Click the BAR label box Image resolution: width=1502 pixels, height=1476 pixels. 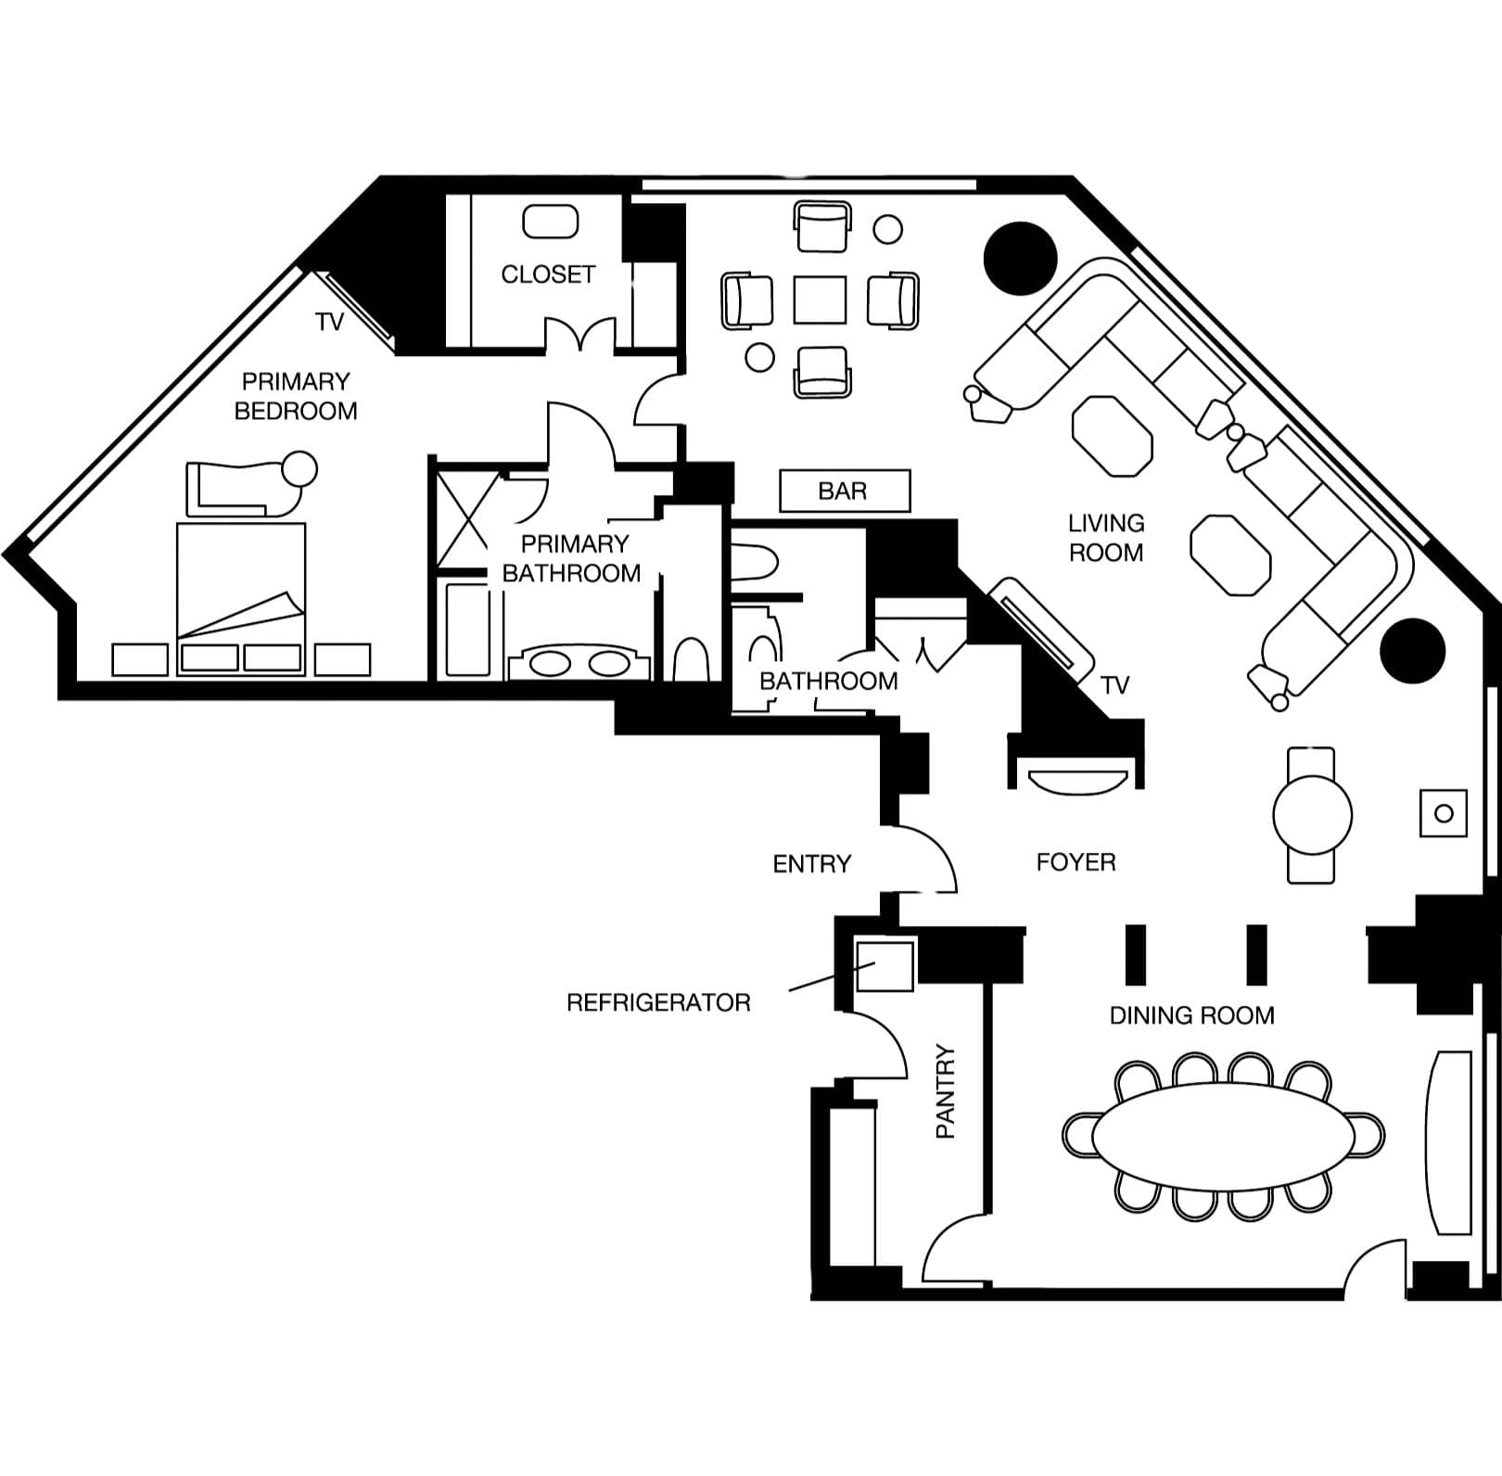(x=845, y=490)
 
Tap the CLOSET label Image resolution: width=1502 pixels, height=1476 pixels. (x=548, y=274)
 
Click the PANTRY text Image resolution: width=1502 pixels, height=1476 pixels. (x=945, y=1091)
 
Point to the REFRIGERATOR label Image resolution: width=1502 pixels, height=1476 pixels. (x=658, y=1002)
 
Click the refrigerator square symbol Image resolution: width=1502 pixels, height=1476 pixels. (x=884, y=965)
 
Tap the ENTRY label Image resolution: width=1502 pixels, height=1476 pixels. (x=811, y=864)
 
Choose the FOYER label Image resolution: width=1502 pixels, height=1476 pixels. (x=1076, y=862)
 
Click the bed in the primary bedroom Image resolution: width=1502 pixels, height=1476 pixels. (x=241, y=598)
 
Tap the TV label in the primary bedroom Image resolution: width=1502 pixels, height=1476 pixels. (x=329, y=322)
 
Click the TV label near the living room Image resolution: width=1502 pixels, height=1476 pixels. (x=1114, y=685)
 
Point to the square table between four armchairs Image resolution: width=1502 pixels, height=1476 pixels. (x=820, y=299)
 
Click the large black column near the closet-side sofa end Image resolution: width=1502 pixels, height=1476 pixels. (x=1020, y=260)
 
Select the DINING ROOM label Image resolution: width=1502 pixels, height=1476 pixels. (x=1191, y=1016)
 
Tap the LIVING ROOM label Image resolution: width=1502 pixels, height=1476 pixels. (x=1106, y=538)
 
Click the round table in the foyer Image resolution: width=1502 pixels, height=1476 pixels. (x=1312, y=815)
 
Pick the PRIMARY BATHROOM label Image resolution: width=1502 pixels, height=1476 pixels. (x=571, y=558)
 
